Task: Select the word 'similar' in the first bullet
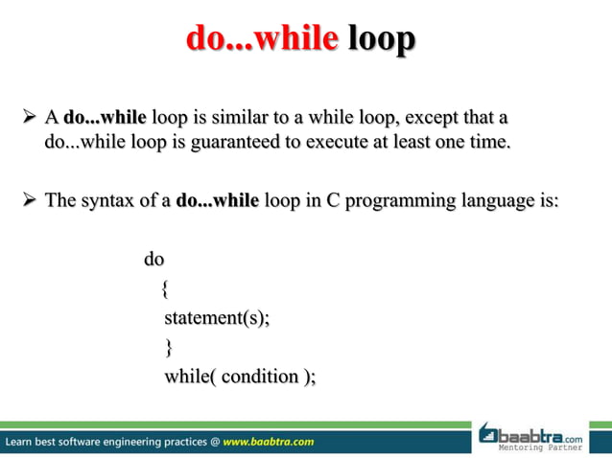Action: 250,120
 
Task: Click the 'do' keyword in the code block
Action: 153,259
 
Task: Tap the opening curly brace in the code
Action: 167,288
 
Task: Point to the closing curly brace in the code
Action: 170,348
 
